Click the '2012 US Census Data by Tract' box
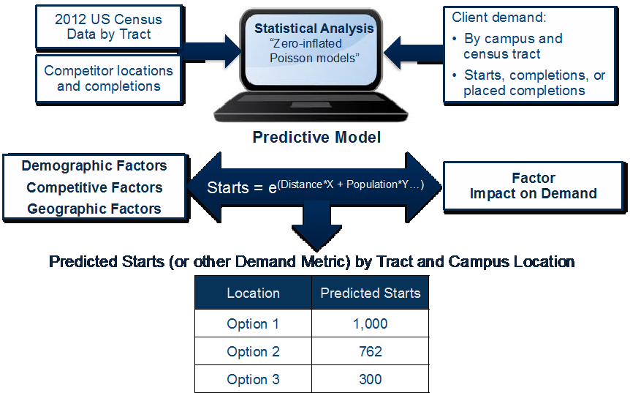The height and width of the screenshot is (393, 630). (109, 27)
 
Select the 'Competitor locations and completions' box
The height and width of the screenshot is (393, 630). (109, 79)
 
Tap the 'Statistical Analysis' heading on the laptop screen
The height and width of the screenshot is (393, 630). (314, 29)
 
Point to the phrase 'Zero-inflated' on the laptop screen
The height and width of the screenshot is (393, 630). (305, 43)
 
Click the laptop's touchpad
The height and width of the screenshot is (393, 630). (311, 105)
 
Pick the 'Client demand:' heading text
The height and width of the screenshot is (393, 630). (499, 18)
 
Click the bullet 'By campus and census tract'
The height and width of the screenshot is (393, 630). (508, 46)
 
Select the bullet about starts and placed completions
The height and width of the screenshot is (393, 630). (528, 83)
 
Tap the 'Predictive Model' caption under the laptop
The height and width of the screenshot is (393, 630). (316, 137)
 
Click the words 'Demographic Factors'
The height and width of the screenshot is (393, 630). (94, 165)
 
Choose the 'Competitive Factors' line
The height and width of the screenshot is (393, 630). (94, 187)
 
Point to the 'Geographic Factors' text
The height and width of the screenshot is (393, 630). (94, 209)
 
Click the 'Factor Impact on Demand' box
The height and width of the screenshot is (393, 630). (534, 186)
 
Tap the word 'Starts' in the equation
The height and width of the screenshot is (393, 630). (228, 188)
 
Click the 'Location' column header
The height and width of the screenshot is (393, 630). (253, 293)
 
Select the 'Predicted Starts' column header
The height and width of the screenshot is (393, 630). (371, 293)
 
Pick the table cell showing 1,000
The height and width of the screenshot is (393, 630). (371, 323)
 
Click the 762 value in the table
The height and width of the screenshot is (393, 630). (371, 351)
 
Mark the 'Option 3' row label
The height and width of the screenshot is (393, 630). (253, 379)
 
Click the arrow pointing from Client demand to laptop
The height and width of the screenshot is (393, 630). (414, 53)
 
